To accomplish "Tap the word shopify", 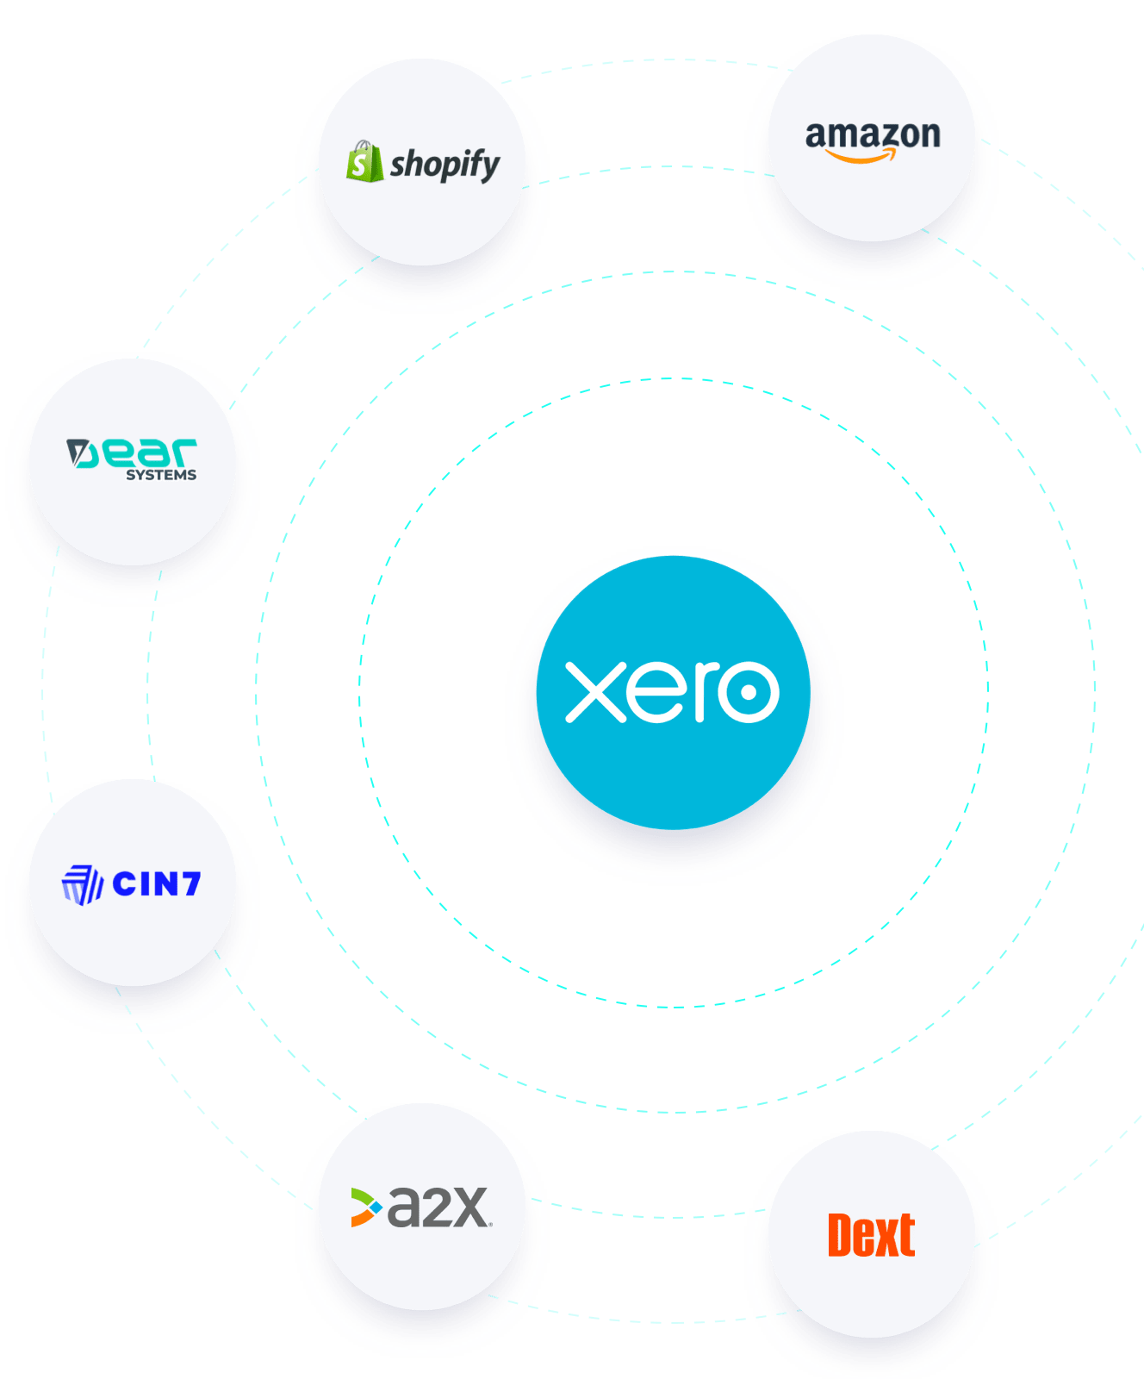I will coord(445,164).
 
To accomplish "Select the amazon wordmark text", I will coord(872,135).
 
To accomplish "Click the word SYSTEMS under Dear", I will coord(161,475).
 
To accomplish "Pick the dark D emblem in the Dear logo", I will coord(80,453).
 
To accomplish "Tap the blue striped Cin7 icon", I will coord(83,885).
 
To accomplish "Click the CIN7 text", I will coord(157,884).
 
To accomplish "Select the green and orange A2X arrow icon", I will coord(365,1207).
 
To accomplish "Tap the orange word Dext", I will coord(871,1236).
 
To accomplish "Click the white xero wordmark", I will coord(672,691).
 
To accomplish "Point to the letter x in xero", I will coord(595,691).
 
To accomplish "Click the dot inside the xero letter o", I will coord(748,691).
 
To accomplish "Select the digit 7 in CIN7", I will coord(189,884).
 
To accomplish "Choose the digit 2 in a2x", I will coord(438,1207).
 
